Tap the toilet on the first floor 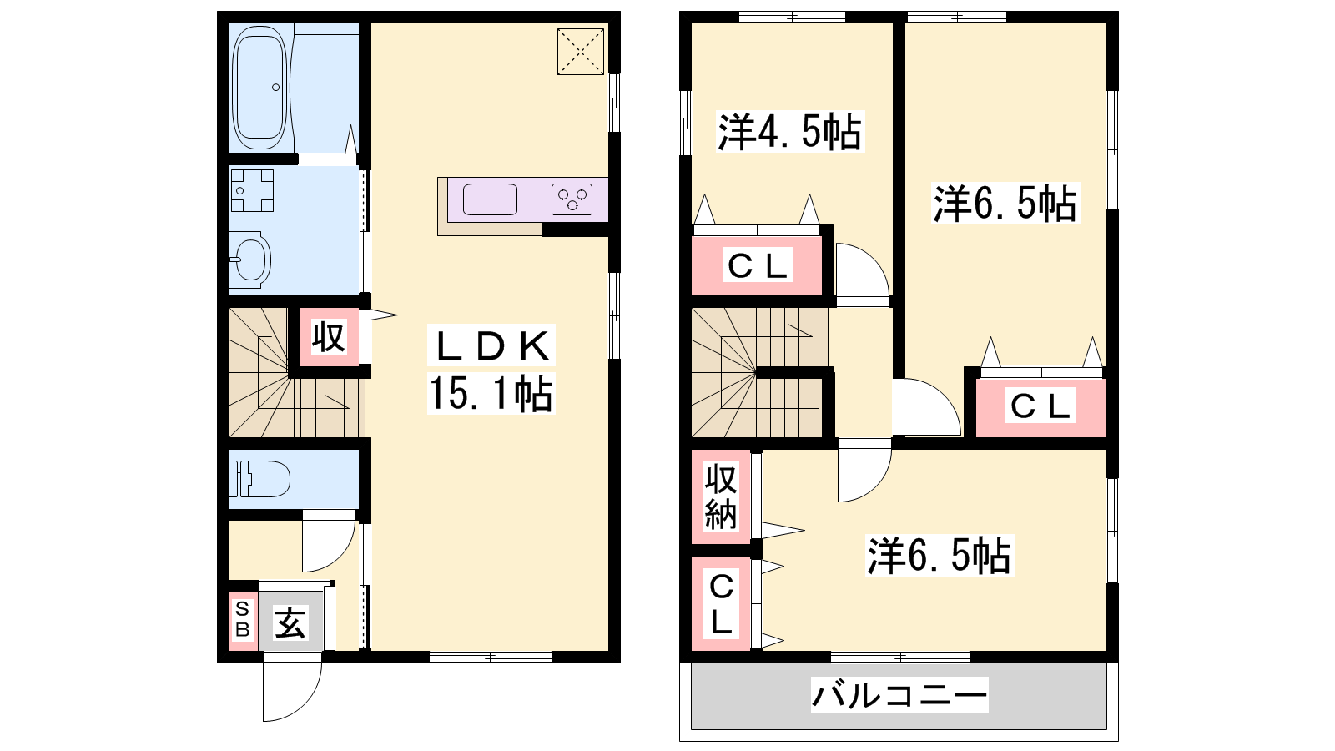tap(259, 479)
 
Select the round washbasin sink tap(250, 257)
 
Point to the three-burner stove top tap(572, 199)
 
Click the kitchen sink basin tap(490, 199)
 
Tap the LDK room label tap(491, 346)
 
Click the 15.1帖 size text tap(491, 393)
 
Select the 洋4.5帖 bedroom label tap(789, 132)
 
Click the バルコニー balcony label tap(899, 695)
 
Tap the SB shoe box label tap(243, 619)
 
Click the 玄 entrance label tap(290, 622)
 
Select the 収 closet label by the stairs tap(329, 337)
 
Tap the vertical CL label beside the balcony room tap(721, 604)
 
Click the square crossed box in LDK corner tap(581, 52)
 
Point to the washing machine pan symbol tap(252, 191)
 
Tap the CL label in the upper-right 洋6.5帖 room tap(1040, 406)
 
